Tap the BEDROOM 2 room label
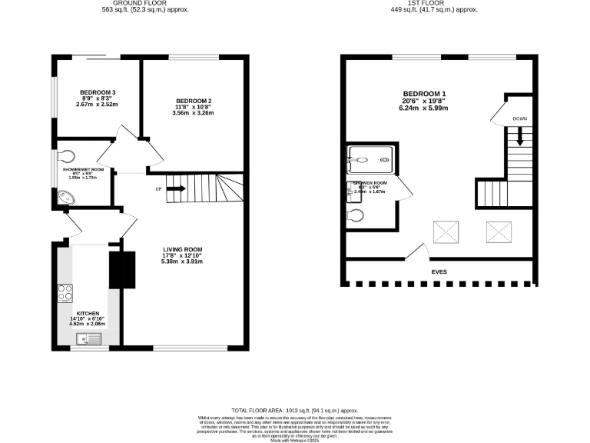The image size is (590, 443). pyautogui.click(x=193, y=102)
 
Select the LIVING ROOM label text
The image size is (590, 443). pyautogui.click(x=182, y=249)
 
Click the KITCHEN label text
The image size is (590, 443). pyautogui.click(x=87, y=313)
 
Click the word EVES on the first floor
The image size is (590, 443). pyautogui.click(x=439, y=271)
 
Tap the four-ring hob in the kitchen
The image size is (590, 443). pyautogui.click(x=65, y=292)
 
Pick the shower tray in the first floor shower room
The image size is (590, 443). pyautogui.click(x=372, y=161)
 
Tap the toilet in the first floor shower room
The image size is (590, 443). pyautogui.click(x=354, y=214)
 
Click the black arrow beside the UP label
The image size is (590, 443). pyautogui.click(x=176, y=188)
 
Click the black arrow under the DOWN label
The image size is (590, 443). pyautogui.click(x=520, y=137)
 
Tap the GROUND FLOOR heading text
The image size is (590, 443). pyautogui.click(x=146, y=4)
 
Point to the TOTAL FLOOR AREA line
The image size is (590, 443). pyautogui.click(x=295, y=411)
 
